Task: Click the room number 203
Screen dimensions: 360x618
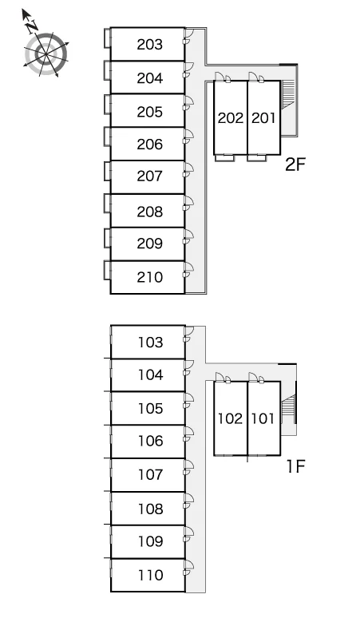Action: (x=150, y=45)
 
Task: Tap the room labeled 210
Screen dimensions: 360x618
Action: (x=150, y=277)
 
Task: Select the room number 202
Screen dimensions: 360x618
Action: (x=231, y=118)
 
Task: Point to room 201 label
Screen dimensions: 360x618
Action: (x=263, y=118)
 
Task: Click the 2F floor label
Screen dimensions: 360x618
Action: (x=295, y=164)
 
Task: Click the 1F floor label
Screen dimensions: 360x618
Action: (x=295, y=466)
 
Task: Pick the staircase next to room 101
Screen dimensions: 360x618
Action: (x=288, y=409)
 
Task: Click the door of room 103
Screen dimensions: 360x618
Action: (x=189, y=334)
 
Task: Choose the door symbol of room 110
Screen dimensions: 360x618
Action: (x=189, y=567)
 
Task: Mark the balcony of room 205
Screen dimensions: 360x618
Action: (x=107, y=105)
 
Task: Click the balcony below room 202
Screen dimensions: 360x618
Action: (x=224, y=157)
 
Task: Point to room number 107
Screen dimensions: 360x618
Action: (x=150, y=474)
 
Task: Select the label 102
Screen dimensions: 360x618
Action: (x=231, y=418)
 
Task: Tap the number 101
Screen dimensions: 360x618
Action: (x=263, y=418)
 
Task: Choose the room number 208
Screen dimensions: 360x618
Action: (x=150, y=212)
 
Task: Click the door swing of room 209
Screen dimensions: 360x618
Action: (x=189, y=236)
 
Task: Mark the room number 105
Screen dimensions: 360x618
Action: (x=150, y=408)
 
